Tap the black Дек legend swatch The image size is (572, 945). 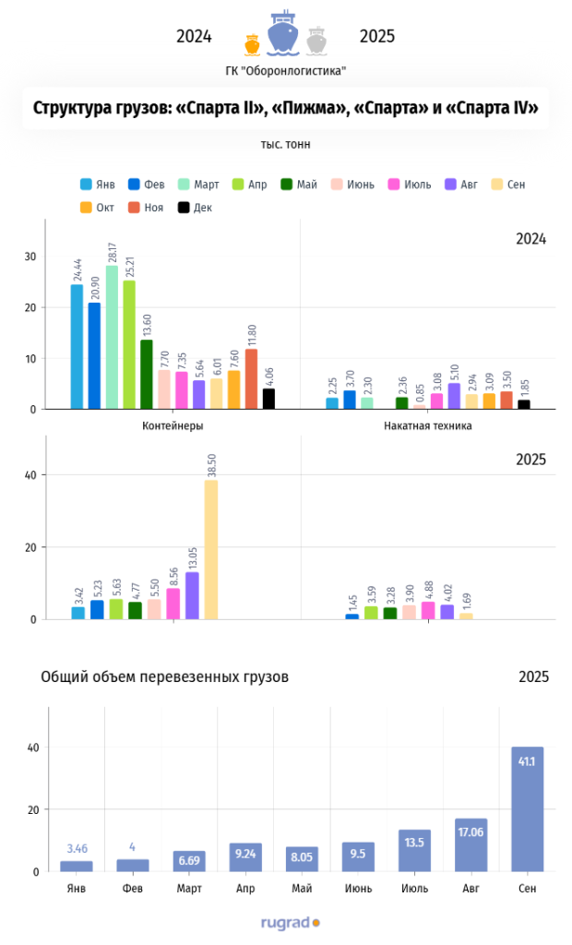click(184, 208)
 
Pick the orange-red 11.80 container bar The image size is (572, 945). click(251, 378)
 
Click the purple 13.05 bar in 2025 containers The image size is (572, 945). click(192, 595)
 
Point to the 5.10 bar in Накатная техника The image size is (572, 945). click(454, 396)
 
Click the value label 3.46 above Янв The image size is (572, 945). click(77, 847)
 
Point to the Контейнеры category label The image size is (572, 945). click(173, 425)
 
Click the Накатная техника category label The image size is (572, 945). click(427, 425)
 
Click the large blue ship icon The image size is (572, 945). click(283, 33)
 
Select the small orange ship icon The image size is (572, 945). click(252, 43)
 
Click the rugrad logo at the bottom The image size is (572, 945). click(290, 921)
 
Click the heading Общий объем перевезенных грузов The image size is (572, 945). click(165, 676)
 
